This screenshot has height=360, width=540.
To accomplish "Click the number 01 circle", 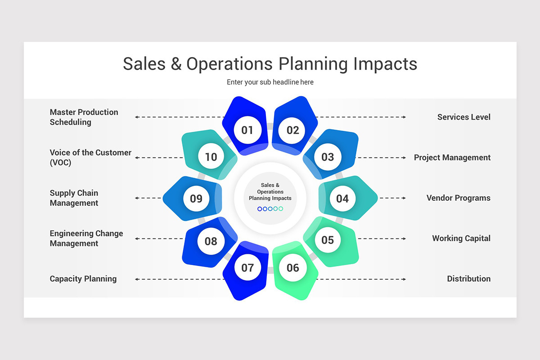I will [247, 130].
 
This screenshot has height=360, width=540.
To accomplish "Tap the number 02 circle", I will [292, 130].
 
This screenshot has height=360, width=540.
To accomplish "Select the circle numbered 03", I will [328, 157].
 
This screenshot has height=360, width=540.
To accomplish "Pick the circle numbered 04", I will [342, 198].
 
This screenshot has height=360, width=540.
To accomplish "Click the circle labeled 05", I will [328, 240].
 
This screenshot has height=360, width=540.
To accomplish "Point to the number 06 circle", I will [292, 268].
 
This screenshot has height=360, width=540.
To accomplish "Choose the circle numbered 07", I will [247, 268].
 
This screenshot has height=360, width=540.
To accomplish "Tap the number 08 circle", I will [211, 241].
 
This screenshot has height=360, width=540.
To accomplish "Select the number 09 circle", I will [196, 198].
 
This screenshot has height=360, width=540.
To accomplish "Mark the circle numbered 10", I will [211, 157].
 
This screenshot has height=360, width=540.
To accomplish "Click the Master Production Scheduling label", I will [84, 117].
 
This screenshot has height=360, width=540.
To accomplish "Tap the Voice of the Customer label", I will [90, 157].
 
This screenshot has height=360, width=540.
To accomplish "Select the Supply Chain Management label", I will [74, 198].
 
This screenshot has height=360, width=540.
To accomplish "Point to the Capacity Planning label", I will [83, 279].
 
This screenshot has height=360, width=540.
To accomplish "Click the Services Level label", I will [464, 117].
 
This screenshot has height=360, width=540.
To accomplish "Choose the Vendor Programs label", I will [459, 198].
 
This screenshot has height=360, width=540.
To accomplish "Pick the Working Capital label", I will [461, 238].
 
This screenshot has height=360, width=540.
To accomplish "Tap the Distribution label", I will [469, 279].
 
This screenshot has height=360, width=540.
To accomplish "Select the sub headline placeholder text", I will [270, 82].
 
